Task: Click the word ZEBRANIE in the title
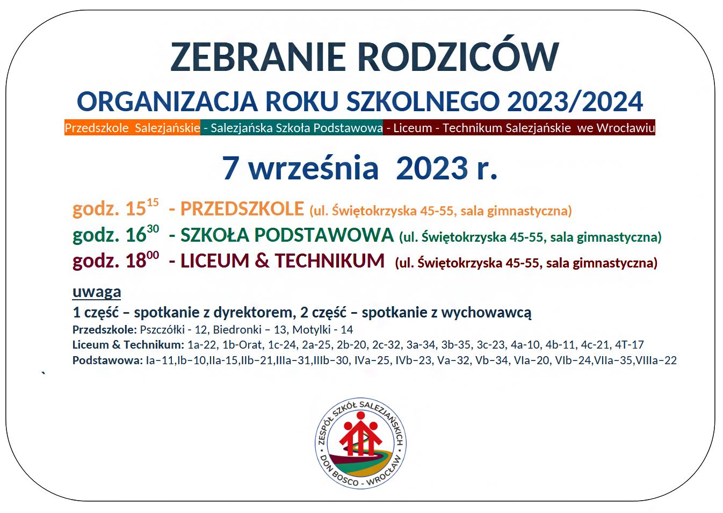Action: [x=258, y=57]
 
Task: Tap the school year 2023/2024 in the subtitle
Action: [x=575, y=102]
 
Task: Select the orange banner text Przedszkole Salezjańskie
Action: [x=132, y=128]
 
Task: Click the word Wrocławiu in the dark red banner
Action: [x=626, y=128]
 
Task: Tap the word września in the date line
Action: [x=313, y=168]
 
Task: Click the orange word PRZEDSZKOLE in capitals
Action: [x=242, y=208]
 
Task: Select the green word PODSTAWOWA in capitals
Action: [x=324, y=235]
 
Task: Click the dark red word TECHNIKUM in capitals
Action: [x=330, y=261]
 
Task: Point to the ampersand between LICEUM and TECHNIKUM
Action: [x=262, y=261]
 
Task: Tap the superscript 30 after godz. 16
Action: [x=153, y=229]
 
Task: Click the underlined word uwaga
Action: [x=97, y=292]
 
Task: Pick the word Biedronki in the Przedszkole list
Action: [x=237, y=330]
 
